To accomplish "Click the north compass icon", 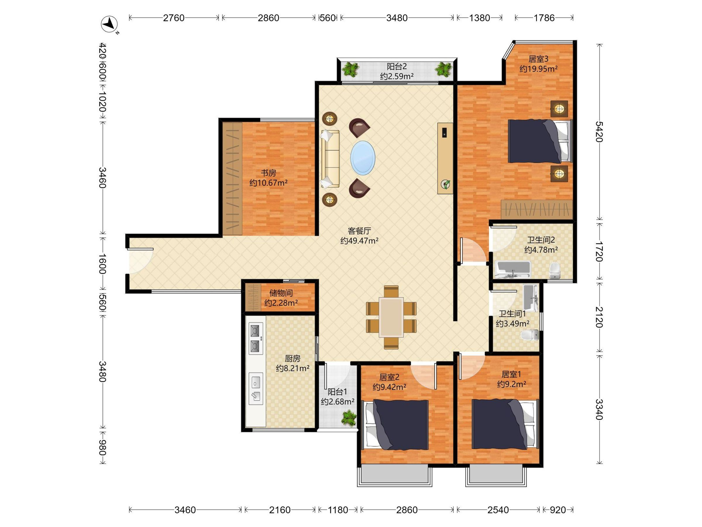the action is (x=109, y=24).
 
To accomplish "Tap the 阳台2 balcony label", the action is (x=397, y=67).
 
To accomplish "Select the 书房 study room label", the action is (x=269, y=173).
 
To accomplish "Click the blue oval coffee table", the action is (x=363, y=158).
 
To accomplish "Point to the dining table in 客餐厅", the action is (x=391, y=317).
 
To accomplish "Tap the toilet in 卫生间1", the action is (x=530, y=335).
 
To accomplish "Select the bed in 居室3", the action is (x=539, y=141).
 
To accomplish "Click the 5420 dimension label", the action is (x=599, y=131).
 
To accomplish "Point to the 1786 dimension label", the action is (x=544, y=18).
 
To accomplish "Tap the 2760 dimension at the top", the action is (x=173, y=18).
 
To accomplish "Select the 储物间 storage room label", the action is (x=281, y=293).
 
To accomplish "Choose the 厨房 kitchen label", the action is (x=292, y=359).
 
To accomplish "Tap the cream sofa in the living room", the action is (x=330, y=158).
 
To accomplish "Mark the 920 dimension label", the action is (x=558, y=510).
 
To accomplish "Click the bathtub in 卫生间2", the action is (x=513, y=270).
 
